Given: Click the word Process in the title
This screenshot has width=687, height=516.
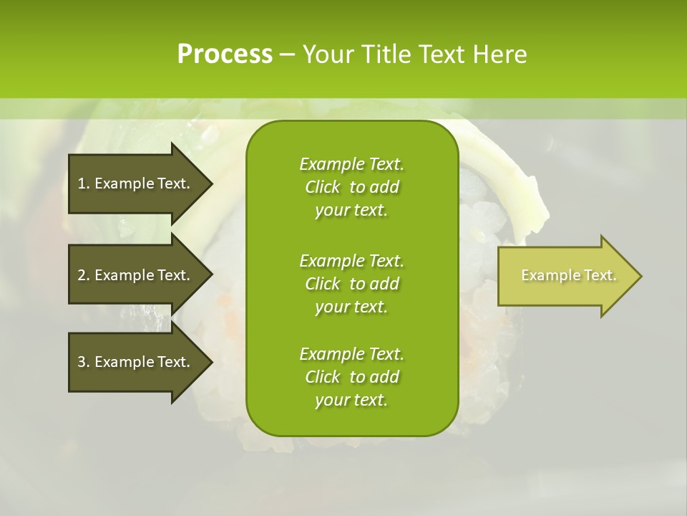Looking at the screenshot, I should (225, 54).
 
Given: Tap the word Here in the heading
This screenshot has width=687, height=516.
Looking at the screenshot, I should (500, 54).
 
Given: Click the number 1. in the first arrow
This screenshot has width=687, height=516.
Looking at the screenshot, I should (83, 183).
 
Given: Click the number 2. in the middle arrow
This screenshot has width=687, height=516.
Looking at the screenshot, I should (83, 275).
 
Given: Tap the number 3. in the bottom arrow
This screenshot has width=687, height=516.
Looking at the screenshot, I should (83, 362).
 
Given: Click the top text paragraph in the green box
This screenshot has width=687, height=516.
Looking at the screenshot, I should (351, 187).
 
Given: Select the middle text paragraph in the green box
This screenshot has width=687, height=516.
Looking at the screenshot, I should (351, 283).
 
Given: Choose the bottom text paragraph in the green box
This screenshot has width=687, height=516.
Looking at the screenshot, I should (351, 377).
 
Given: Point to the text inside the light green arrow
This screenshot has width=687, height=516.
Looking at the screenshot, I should (568, 276).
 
